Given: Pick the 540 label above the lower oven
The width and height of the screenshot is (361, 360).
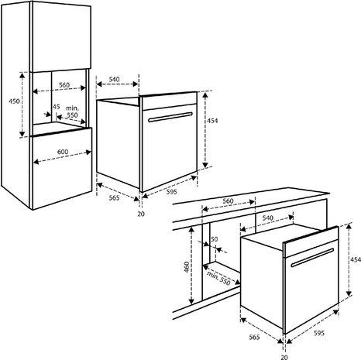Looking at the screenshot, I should click(x=267, y=219).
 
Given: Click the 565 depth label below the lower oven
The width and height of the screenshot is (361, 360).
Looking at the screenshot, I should click(x=253, y=338).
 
